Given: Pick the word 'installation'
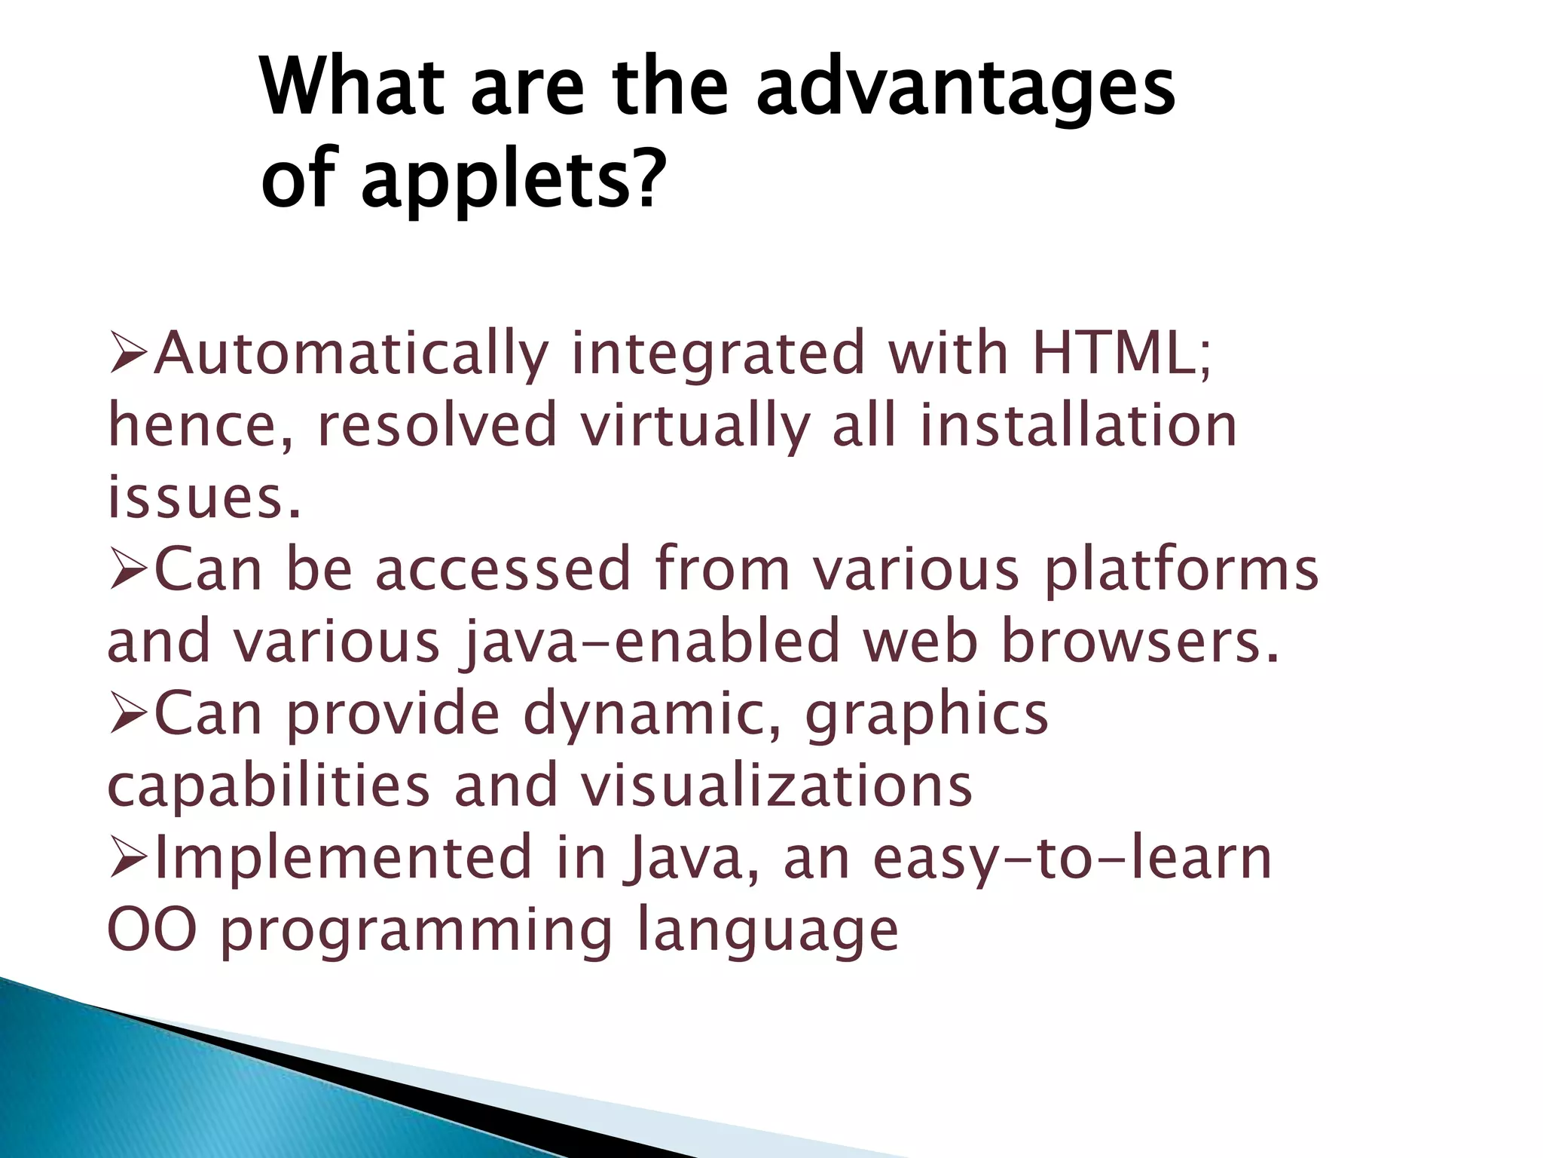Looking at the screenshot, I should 1078,425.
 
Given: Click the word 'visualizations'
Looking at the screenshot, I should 776,786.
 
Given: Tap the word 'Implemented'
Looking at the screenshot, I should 344,858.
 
